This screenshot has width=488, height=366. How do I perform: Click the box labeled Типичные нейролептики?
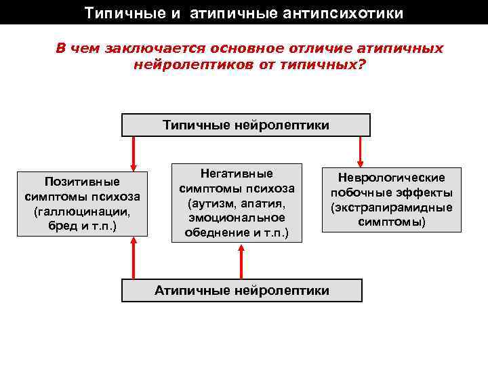(246, 125)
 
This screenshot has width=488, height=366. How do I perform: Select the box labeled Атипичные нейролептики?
(241, 290)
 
